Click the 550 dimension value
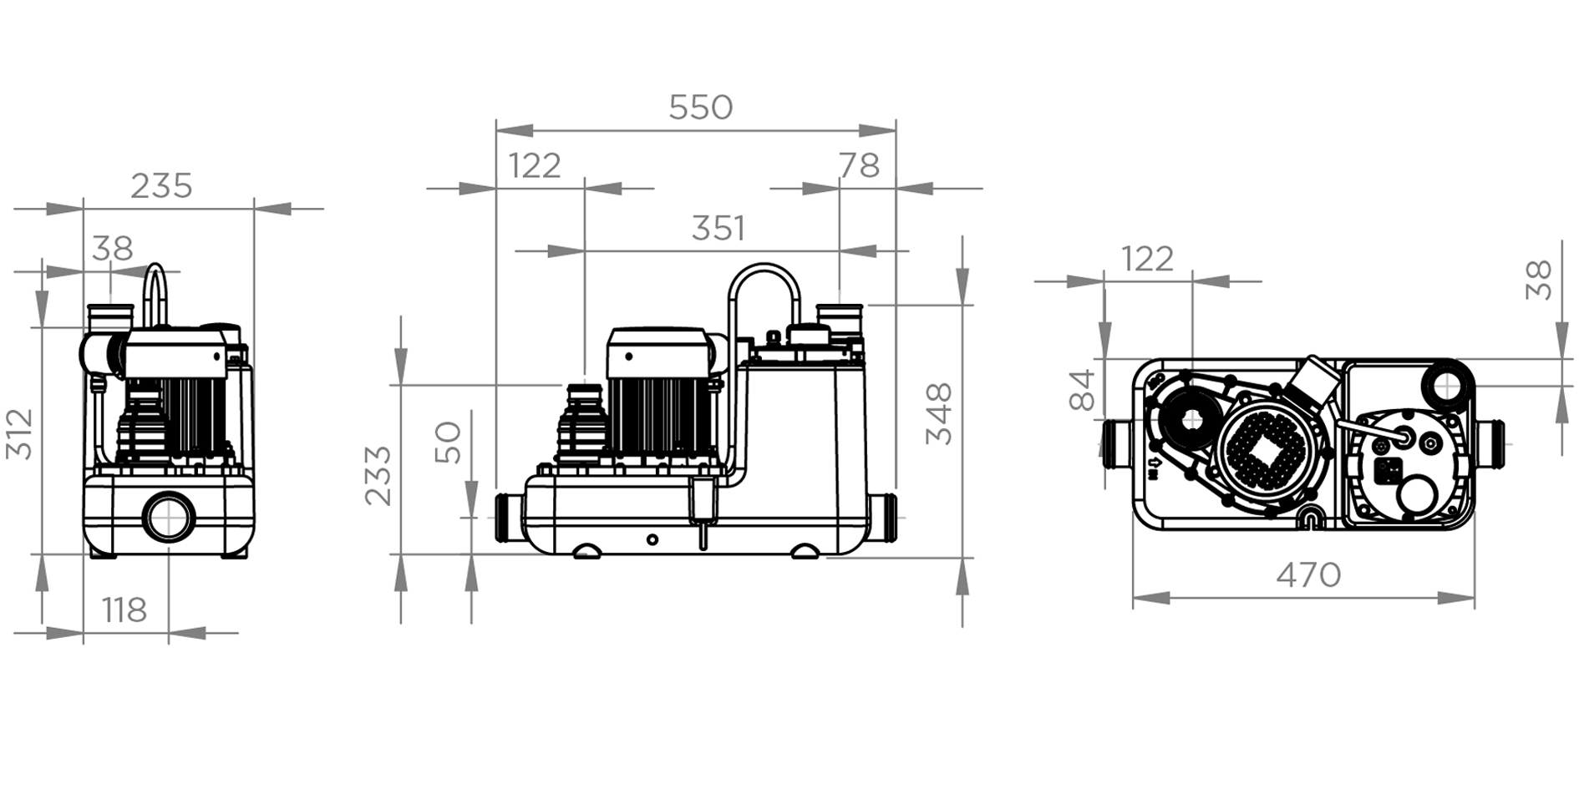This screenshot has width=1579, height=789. (x=700, y=108)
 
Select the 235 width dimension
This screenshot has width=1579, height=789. (x=161, y=185)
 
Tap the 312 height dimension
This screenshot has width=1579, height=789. (x=20, y=433)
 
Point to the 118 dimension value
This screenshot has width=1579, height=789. (x=124, y=610)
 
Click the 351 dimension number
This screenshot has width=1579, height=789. (x=718, y=228)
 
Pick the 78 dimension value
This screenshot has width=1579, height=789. (x=860, y=166)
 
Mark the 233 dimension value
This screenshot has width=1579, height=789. (x=378, y=475)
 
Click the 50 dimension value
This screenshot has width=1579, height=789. (x=449, y=443)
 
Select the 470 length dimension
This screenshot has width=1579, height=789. (x=1308, y=574)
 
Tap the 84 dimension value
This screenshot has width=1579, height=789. (x=1082, y=390)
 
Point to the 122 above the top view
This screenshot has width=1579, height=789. (x=1147, y=260)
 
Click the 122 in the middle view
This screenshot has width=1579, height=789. (x=535, y=166)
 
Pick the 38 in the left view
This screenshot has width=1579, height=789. (x=113, y=248)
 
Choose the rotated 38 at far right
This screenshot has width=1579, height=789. (x=1538, y=281)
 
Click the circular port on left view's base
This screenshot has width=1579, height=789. (x=169, y=518)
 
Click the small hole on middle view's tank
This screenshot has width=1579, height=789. (x=652, y=540)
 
